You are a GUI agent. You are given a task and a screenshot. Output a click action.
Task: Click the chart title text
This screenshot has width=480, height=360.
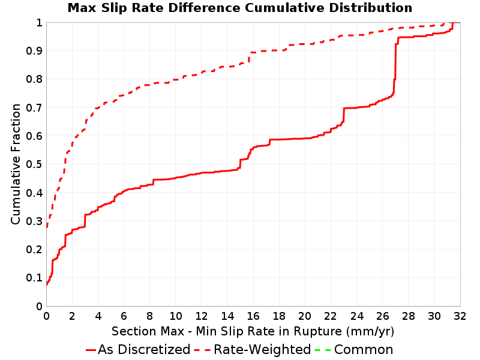click(x=239, y=8)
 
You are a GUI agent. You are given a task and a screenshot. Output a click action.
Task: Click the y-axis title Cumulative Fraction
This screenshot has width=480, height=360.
click(x=16, y=164)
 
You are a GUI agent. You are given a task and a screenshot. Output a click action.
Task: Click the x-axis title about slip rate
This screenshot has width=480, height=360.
click(x=253, y=331)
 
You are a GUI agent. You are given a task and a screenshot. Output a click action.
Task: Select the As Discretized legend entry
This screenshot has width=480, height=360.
click(x=138, y=349)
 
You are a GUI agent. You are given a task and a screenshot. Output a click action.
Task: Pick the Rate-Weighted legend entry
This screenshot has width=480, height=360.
click(x=253, y=349)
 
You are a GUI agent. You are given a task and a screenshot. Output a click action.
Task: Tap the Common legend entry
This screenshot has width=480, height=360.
click(x=354, y=349)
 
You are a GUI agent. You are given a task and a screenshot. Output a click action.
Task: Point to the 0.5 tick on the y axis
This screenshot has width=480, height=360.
click(x=34, y=164)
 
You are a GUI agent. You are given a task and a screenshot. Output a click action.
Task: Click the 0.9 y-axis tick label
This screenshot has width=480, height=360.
click(x=34, y=51)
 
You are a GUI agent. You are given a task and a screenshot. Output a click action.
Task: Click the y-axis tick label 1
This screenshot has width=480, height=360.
click(x=39, y=23)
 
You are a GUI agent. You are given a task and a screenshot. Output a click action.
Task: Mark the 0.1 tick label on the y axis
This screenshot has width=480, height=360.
click(x=34, y=278)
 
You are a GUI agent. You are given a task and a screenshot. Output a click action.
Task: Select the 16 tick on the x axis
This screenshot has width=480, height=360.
click(x=253, y=316)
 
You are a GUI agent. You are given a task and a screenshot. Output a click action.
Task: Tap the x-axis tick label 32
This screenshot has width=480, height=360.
click(x=460, y=316)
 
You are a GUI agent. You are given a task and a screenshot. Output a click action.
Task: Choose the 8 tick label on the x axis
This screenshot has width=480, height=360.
click(x=149, y=316)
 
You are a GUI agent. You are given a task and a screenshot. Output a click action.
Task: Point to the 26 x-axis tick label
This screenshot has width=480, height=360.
click(x=382, y=316)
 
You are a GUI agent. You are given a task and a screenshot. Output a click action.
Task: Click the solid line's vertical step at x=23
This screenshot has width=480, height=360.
click(x=344, y=115)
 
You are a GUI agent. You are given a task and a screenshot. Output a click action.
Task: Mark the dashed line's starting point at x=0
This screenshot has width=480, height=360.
click(x=47, y=227)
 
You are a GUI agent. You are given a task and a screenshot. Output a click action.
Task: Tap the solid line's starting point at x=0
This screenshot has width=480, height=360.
click(x=47, y=284)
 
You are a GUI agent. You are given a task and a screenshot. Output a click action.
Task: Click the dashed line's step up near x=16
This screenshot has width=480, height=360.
click(x=250, y=58)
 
